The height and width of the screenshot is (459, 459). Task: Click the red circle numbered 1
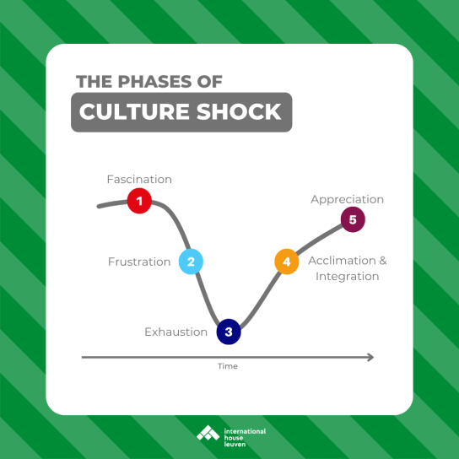(139, 201)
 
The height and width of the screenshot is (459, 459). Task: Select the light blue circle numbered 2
(191, 262)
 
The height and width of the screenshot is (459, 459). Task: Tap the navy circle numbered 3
(229, 332)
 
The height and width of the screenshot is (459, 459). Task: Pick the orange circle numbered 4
(287, 262)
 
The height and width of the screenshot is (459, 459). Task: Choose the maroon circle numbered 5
(353, 219)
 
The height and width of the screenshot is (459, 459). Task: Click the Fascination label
(139, 180)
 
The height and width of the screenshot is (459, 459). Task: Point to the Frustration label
(139, 262)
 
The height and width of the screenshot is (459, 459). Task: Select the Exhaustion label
(176, 332)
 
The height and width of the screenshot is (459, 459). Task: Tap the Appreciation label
(347, 200)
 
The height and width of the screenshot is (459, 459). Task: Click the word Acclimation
(342, 261)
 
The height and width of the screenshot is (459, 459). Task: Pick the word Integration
(347, 277)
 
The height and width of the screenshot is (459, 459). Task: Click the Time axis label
(228, 366)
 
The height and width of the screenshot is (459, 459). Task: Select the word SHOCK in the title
(239, 112)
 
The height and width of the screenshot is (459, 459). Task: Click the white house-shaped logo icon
(208, 433)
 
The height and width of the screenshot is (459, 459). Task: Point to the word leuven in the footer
(235, 445)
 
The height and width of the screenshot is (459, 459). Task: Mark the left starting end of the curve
(99, 207)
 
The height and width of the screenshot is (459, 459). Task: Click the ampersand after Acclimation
(383, 261)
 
